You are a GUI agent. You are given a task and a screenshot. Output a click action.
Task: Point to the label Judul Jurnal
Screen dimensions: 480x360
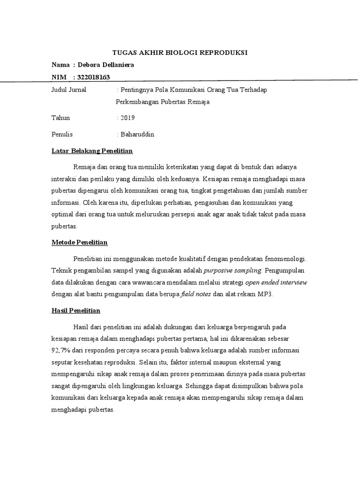point(68,90)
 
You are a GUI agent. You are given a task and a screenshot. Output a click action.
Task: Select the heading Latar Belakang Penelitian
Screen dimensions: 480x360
point(92,151)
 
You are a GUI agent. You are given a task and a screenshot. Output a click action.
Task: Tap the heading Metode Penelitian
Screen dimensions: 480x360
point(79,242)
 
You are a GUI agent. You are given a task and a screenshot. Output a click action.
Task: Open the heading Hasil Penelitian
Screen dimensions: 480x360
point(75,310)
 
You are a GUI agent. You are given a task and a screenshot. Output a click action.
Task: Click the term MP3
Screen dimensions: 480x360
point(264,294)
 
